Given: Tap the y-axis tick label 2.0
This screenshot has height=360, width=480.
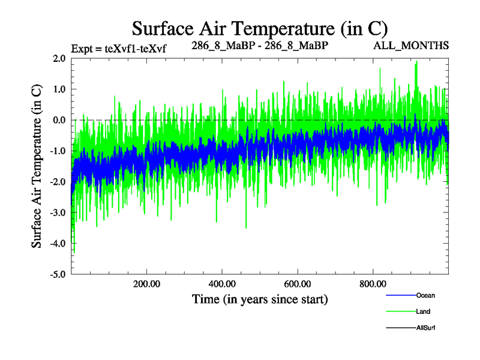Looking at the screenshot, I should pos(59,59).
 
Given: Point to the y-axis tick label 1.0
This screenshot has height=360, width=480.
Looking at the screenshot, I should pos(59,89).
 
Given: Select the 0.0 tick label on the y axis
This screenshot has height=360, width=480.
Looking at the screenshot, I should pos(59,120).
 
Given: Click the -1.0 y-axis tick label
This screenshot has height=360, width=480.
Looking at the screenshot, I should pos(58,151).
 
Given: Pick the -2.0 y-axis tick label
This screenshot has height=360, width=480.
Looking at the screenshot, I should pos(58,182).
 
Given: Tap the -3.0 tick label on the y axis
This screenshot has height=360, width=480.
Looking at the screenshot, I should pos(58,212).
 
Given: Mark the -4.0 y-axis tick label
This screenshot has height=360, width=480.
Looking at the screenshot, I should pos(58,244).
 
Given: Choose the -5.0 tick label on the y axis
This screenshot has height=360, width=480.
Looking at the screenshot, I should pos(58,274).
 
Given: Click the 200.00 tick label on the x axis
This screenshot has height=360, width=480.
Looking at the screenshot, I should pos(146,284).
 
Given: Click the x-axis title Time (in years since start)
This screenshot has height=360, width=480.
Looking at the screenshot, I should pos(260,299).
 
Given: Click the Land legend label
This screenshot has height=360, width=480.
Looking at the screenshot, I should pos(423,312).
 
